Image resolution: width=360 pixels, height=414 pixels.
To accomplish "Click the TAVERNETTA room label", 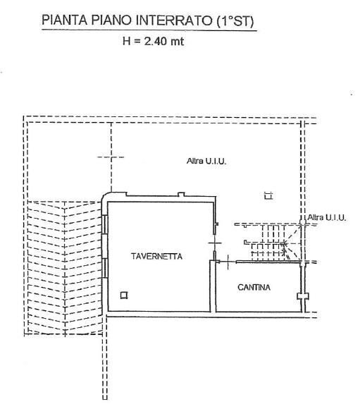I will pos(156,257).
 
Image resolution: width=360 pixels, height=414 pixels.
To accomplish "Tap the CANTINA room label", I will pos(254,287).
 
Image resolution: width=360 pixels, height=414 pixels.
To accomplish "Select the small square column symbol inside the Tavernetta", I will pos(124,296).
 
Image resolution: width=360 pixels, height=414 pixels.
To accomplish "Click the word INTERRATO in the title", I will pos(167,20).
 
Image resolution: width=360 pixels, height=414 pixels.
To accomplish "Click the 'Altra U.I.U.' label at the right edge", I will pos(326,218).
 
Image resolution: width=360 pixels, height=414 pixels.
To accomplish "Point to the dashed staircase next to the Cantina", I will pos(271,243).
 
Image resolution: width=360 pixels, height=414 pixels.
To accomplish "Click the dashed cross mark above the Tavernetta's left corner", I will pos(109,158).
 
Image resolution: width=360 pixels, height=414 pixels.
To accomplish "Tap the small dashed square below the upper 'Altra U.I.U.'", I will pos(266,196).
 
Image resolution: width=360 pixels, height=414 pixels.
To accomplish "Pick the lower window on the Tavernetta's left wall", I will pos(104,269).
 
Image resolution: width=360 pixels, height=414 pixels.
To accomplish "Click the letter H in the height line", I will pos(127,42).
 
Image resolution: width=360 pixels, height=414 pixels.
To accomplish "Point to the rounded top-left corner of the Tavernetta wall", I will pos(108,200).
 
